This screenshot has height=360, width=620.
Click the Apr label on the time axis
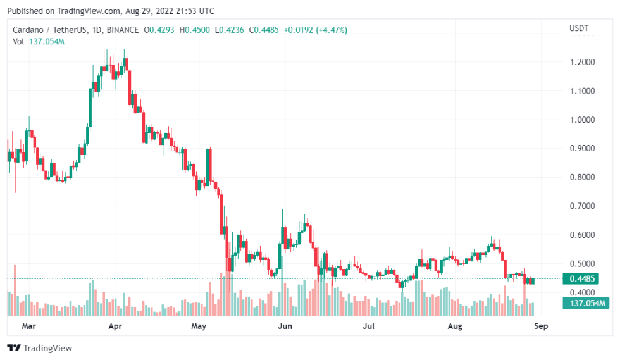[115, 326]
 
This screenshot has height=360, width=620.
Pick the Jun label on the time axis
[285, 326]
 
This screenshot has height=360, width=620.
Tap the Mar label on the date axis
[28, 326]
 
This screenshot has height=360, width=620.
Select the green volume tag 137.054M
[585, 304]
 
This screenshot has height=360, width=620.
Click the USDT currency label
[579, 28]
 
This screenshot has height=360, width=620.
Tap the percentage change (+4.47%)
[329, 30]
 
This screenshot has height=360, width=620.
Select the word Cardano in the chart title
[30, 30]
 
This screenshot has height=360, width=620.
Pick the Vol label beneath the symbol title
[18, 41]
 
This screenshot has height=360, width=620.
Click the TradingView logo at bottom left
[39, 347]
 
